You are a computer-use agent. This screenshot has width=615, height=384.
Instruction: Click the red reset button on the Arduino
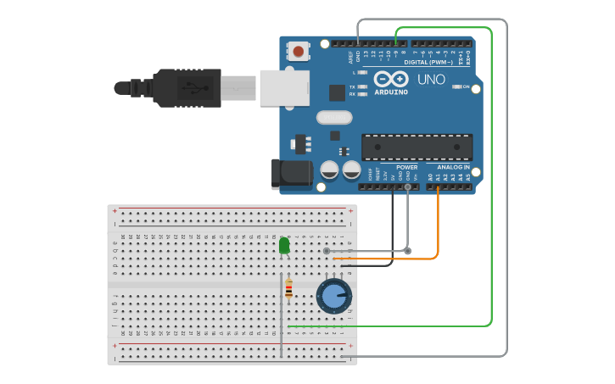tap(298, 52)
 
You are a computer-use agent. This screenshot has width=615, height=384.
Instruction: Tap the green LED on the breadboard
tap(284, 246)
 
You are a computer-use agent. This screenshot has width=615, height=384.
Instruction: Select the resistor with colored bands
tap(288, 288)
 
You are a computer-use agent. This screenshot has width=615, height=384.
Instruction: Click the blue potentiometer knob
tap(334, 297)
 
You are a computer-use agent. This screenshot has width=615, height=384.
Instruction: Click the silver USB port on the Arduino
tap(283, 87)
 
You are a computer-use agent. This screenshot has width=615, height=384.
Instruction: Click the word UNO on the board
tap(431, 79)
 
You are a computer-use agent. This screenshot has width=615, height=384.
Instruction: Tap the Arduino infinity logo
tap(391, 79)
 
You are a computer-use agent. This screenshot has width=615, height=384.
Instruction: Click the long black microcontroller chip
tap(417, 147)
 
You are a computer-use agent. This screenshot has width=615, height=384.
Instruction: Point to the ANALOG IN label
tap(453, 167)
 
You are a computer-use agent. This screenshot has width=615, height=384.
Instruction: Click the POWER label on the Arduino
tap(406, 167)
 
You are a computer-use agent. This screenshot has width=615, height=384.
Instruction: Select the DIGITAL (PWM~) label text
tap(428, 62)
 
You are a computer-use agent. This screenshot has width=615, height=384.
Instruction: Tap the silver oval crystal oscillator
tap(333, 118)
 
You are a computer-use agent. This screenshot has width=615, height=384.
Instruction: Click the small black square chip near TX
tap(337, 92)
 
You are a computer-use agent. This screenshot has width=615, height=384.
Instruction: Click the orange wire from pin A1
tap(438, 229)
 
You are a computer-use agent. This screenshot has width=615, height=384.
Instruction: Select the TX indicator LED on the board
tap(362, 86)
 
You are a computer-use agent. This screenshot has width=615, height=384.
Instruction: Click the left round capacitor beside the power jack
tap(330, 170)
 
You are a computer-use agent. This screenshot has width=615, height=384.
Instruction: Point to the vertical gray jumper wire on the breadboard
tap(281, 314)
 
